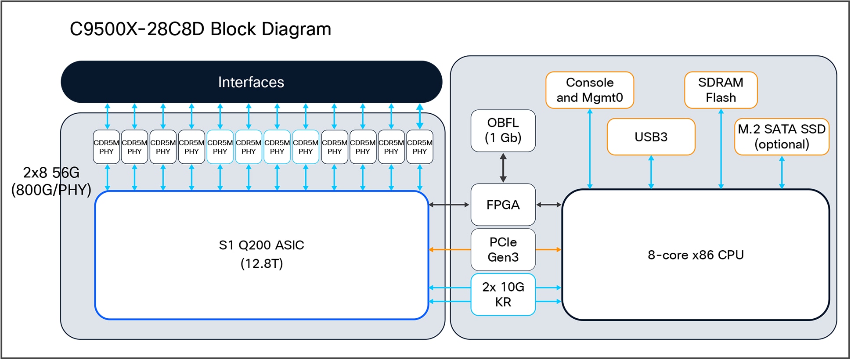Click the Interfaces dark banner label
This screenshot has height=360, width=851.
tap(251, 82)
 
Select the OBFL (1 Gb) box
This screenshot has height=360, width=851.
tap(503, 130)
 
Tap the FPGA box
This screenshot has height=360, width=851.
tap(503, 205)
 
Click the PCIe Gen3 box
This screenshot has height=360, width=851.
tap(503, 249)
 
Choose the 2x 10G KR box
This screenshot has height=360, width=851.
tap(503, 295)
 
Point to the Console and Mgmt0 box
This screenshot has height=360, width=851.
tap(589, 90)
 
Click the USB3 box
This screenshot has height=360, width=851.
tap(651, 137)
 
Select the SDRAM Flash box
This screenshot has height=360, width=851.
tap(721, 90)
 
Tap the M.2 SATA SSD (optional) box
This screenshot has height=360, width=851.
tap(781, 137)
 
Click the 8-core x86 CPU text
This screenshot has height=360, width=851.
tap(696, 255)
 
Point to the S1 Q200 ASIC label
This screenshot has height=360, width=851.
tap(261, 245)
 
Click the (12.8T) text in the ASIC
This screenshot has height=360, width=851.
tap(262, 263)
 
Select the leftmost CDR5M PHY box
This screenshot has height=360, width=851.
tap(106, 147)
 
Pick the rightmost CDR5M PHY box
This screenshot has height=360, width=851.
tap(420, 147)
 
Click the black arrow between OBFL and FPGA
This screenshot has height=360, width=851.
tap(503, 168)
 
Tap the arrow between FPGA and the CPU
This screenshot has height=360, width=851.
tap(549, 205)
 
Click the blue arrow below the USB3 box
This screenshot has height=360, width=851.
tap(651, 172)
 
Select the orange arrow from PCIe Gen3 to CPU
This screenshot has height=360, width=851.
tap(549, 249)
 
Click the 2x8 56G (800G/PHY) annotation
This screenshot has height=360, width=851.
tap(51, 181)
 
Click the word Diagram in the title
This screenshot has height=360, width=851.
tap(296, 29)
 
